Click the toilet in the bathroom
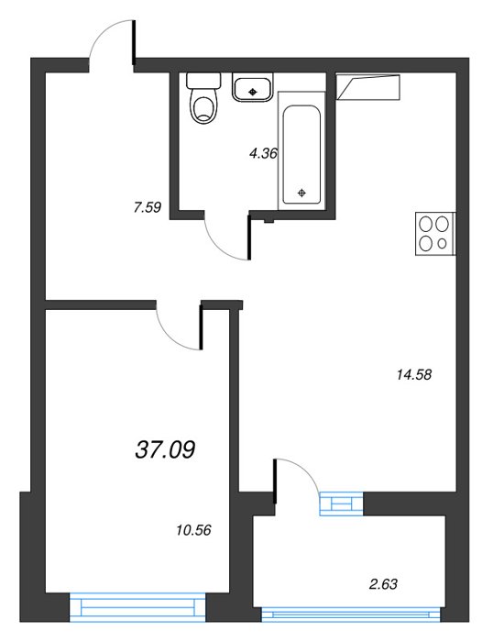click(x=203, y=98)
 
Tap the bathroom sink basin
click(x=252, y=87)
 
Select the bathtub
click(x=301, y=150)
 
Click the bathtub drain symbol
click(x=301, y=193)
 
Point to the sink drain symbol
click(x=252, y=92)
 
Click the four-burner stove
click(x=435, y=234)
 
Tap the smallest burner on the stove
click(x=442, y=244)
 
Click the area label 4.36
click(x=264, y=154)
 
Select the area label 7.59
click(x=148, y=207)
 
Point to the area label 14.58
click(x=414, y=374)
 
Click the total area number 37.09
click(x=165, y=449)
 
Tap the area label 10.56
click(x=193, y=530)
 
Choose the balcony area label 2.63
click(x=383, y=584)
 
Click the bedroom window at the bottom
click(x=137, y=607)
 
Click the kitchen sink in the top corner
click(x=367, y=87)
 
